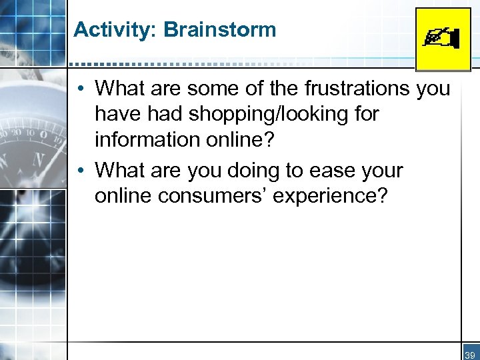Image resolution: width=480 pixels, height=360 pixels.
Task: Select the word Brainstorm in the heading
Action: tap(219, 30)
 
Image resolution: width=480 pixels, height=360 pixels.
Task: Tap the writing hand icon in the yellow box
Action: tap(442, 39)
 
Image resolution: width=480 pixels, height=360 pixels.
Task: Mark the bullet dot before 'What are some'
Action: tap(79, 89)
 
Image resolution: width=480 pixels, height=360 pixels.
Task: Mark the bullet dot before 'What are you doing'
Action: tap(79, 171)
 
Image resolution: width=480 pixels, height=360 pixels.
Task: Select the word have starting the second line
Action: tap(117, 115)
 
